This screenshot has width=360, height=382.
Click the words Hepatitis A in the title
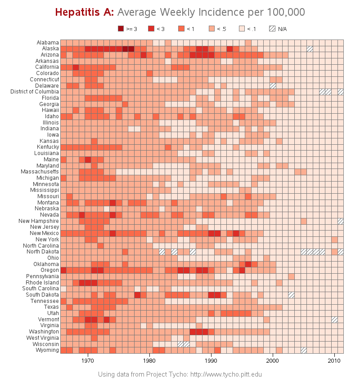point(84,12)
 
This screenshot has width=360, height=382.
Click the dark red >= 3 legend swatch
point(121,29)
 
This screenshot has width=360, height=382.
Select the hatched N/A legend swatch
point(272,29)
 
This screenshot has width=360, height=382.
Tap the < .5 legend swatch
point(212,29)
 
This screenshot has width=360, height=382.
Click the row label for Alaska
point(50,49)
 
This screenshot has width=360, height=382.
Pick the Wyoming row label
point(47,350)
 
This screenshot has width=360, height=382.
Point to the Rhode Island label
point(42,282)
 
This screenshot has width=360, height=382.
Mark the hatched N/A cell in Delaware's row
point(273,85)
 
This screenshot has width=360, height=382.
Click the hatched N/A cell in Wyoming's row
point(304,350)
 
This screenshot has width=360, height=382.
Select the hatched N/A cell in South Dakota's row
point(291,295)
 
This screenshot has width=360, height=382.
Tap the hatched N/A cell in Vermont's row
point(334,320)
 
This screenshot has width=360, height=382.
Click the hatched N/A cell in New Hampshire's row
point(341,221)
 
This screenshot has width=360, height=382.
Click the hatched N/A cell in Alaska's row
point(310,49)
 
